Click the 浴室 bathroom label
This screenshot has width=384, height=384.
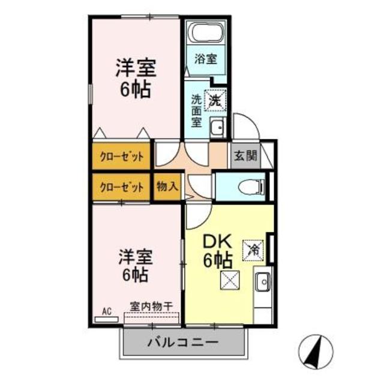[205, 59]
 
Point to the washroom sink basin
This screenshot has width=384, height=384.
[217, 127]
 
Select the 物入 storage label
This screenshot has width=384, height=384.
[167, 186]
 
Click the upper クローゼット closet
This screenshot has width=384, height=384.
[122, 157]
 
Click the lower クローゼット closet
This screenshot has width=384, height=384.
[122, 187]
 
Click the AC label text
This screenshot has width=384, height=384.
[107, 311]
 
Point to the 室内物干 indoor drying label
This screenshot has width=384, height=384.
[151, 306]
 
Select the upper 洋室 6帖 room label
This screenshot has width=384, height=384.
[136, 78]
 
